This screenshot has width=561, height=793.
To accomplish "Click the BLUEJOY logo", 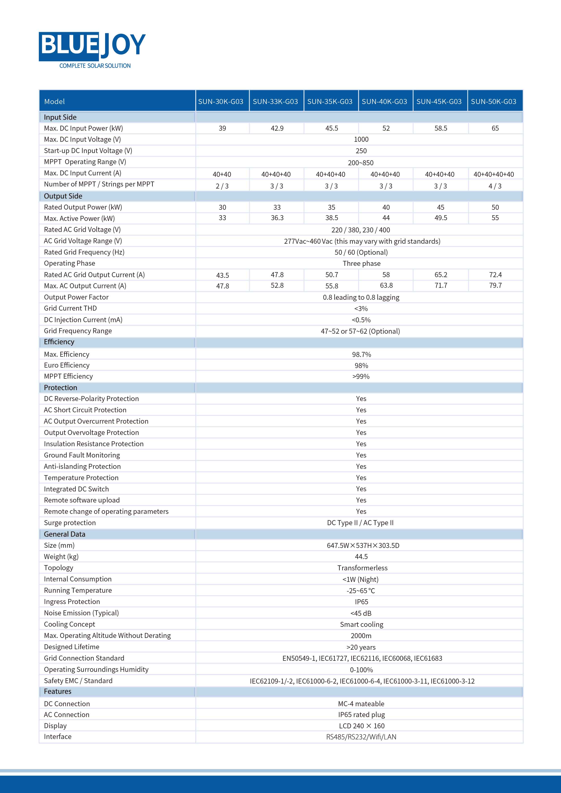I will pyautogui.click(x=92, y=46).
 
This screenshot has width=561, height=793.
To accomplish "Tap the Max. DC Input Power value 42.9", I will pyautogui.click(x=277, y=128).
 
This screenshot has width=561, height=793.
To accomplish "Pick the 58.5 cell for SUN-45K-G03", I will pyautogui.click(x=441, y=128).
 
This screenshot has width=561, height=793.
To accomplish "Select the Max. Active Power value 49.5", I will pyautogui.click(x=441, y=218).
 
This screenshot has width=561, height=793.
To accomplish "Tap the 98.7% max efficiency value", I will pyautogui.click(x=361, y=355).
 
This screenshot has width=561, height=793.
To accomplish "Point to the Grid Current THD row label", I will pyautogui.click(x=70, y=308).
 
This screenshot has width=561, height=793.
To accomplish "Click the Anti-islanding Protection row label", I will pyautogui.click(x=82, y=467).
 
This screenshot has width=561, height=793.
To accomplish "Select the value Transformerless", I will pyautogui.click(x=362, y=568).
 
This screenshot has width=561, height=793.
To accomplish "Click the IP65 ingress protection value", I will pyautogui.click(x=361, y=602).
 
